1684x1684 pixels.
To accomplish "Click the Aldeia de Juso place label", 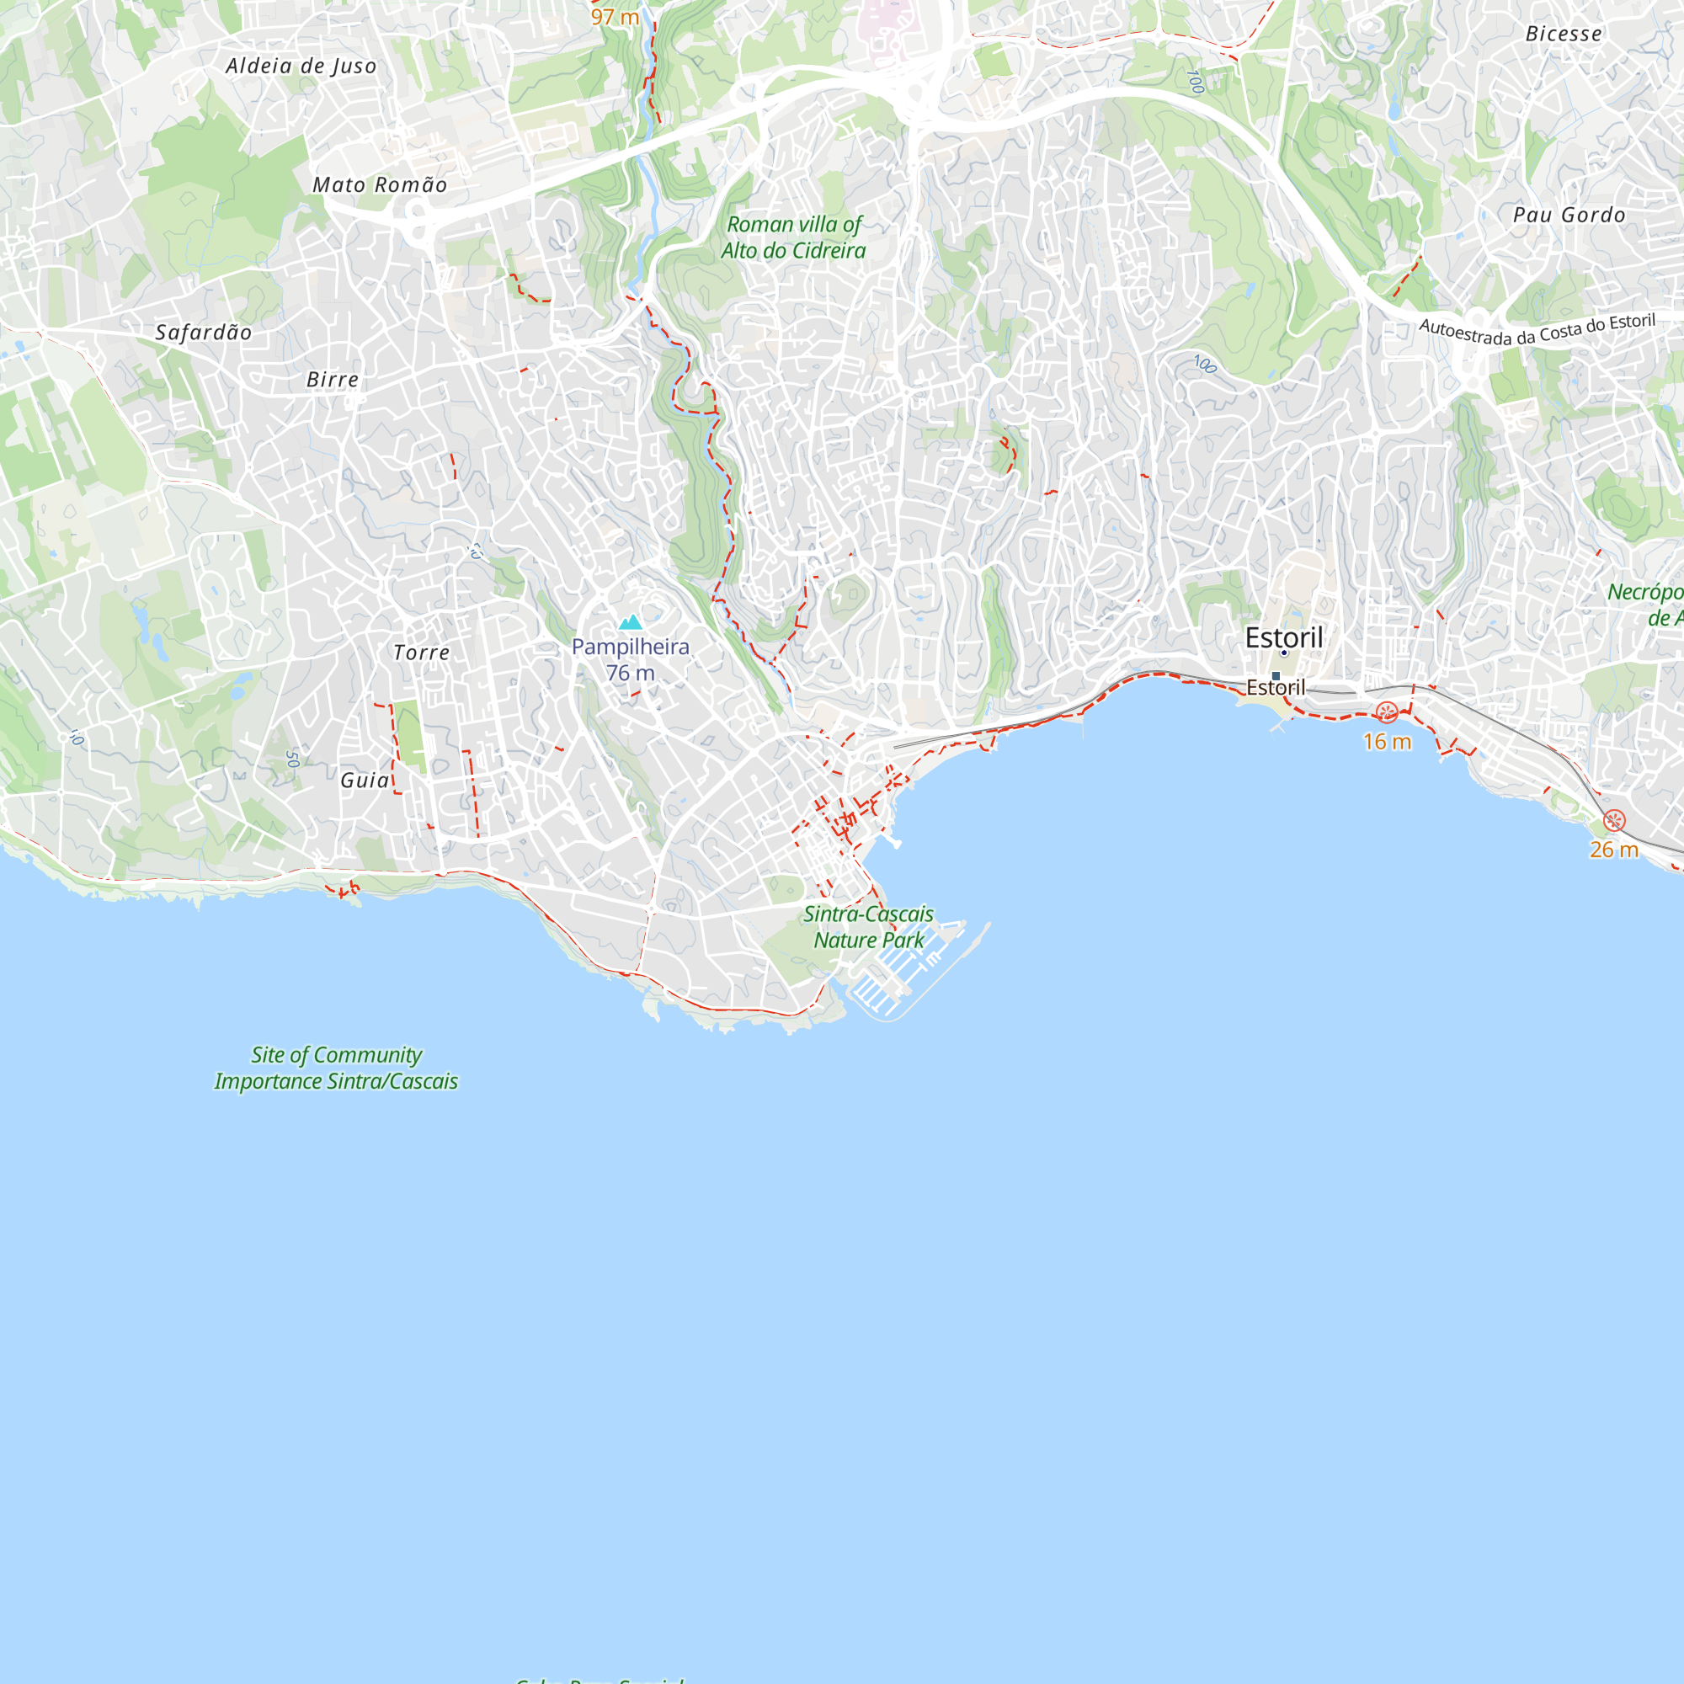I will pyautogui.click(x=301, y=67).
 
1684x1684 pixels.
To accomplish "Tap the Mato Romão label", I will pyautogui.click(x=380, y=184).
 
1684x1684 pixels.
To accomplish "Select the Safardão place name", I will pyautogui.click(x=203, y=332).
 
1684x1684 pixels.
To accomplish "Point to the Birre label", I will pyautogui.click(x=332, y=379).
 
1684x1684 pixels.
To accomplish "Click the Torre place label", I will pyautogui.click(x=421, y=652).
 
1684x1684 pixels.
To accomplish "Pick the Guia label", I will pyautogui.click(x=365, y=781).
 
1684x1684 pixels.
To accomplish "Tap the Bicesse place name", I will pyautogui.click(x=1563, y=34).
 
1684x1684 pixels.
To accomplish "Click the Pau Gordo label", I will pyautogui.click(x=1569, y=215).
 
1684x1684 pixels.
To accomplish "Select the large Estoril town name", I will pyautogui.click(x=1283, y=637).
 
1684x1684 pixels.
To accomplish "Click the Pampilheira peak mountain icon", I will pyautogui.click(x=630, y=622).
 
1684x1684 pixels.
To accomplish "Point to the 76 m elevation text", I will pyautogui.click(x=630, y=673).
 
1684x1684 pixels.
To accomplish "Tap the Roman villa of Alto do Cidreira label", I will pyautogui.click(x=793, y=237).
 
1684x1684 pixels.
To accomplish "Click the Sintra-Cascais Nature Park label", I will pyautogui.click(x=868, y=926).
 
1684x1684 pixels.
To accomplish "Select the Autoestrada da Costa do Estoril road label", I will pyautogui.click(x=1537, y=331).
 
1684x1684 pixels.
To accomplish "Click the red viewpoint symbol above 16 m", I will pyautogui.click(x=1387, y=712).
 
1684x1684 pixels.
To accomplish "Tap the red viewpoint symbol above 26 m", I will pyautogui.click(x=1614, y=820).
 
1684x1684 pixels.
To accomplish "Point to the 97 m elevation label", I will pyautogui.click(x=615, y=17).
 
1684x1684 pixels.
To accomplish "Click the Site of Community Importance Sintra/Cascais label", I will pyautogui.click(x=337, y=1068).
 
